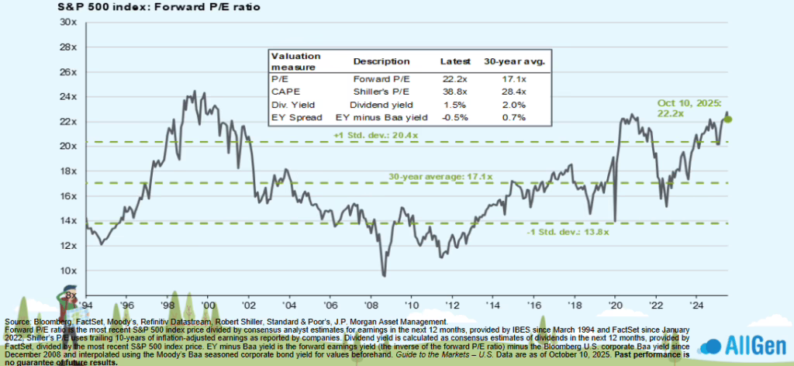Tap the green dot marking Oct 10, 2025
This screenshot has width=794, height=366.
[728, 119]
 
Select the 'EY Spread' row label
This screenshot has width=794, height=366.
[292, 116]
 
